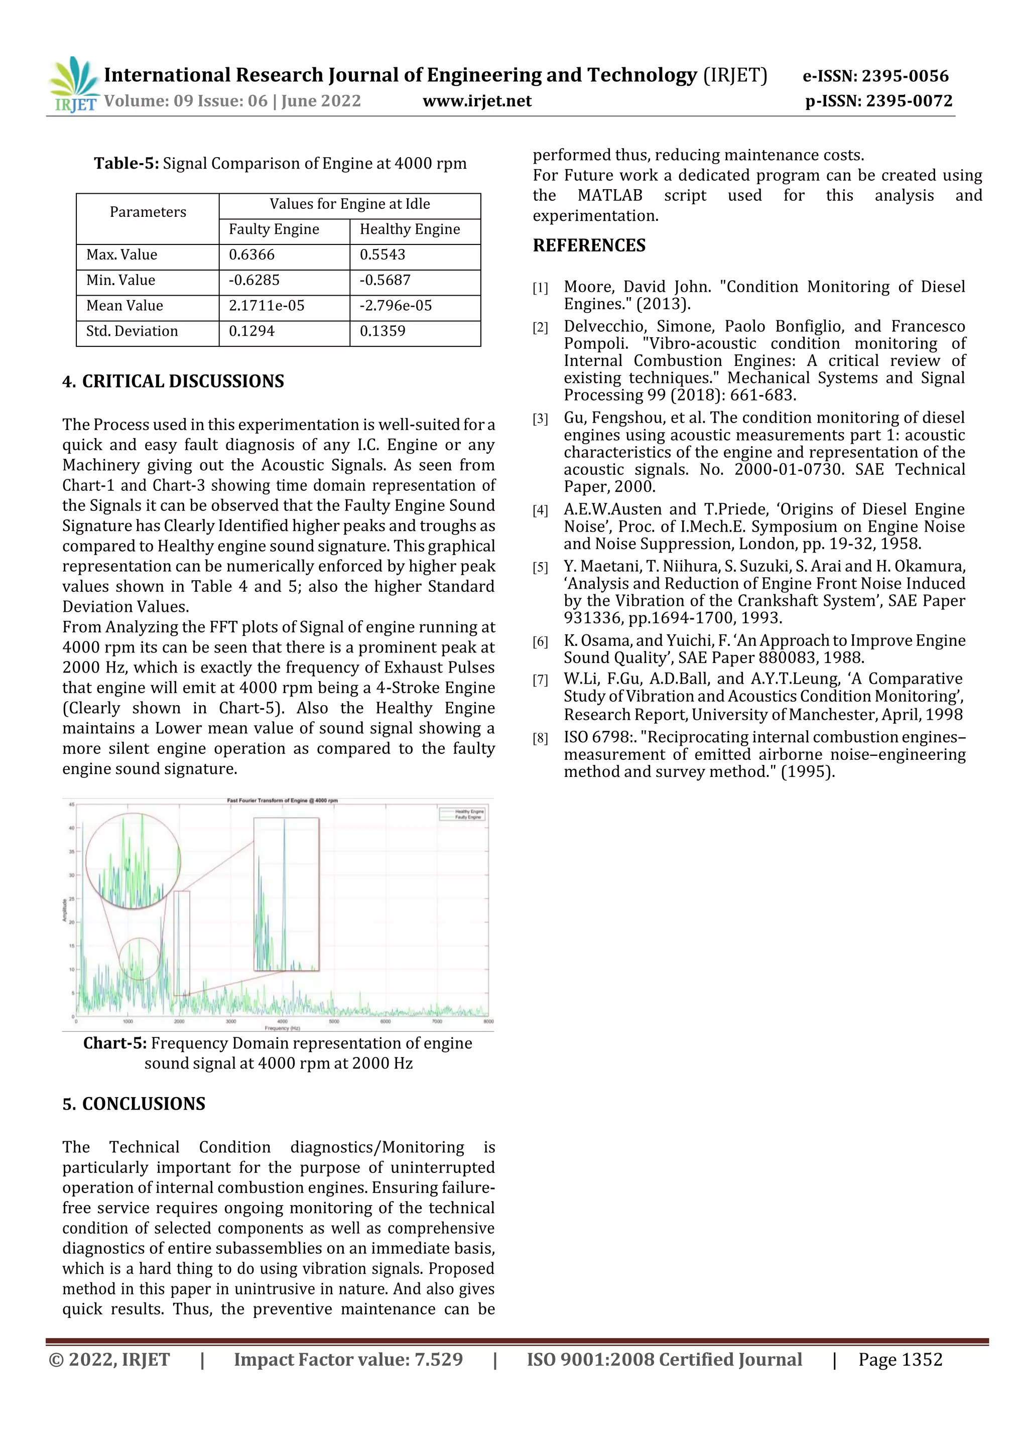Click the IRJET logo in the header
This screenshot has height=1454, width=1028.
pyautogui.click(x=73, y=84)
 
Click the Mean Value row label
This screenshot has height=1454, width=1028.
pyautogui.click(x=125, y=306)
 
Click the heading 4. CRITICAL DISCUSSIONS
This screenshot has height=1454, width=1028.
pyautogui.click(x=173, y=381)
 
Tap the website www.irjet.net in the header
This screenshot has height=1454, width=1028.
pyautogui.click(x=476, y=101)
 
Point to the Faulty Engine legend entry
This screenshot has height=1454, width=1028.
pyautogui.click(x=468, y=817)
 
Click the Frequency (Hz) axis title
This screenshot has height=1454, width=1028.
pyautogui.click(x=283, y=1028)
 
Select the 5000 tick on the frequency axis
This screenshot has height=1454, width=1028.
pyautogui.click(x=334, y=1021)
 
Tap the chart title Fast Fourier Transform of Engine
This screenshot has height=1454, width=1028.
pyautogui.click(x=282, y=801)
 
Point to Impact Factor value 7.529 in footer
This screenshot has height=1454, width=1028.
pyautogui.click(x=348, y=1360)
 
